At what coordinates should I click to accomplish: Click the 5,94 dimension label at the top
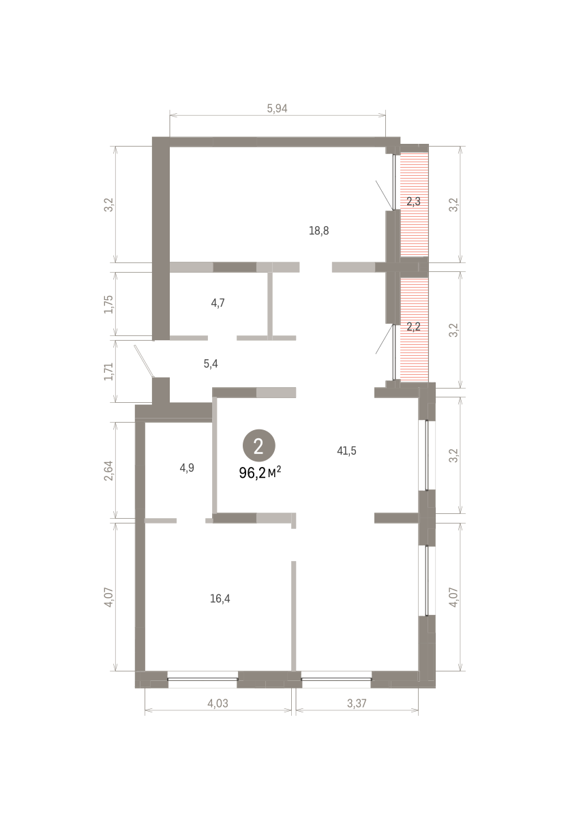click(x=277, y=108)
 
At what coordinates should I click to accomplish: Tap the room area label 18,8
click(x=318, y=231)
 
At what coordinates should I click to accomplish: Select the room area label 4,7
click(x=218, y=303)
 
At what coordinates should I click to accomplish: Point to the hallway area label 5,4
click(x=211, y=364)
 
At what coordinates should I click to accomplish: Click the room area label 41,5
click(x=346, y=451)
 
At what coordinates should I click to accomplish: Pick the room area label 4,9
click(x=187, y=468)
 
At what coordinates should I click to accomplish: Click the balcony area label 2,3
click(x=413, y=201)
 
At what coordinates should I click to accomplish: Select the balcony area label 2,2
click(x=413, y=327)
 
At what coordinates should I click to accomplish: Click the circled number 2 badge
click(x=258, y=446)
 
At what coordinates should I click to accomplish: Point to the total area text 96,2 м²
click(x=260, y=473)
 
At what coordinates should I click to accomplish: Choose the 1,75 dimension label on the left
click(x=109, y=304)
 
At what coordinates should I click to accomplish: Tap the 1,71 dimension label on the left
click(x=109, y=372)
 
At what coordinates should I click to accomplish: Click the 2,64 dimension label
click(x=109, y=471)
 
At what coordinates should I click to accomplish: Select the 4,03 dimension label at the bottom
click(x=218, y=703)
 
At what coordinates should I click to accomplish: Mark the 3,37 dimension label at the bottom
click(x=357, y=703)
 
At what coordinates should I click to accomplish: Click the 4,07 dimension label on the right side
click(x=453, y=597)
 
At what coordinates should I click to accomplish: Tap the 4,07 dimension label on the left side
click(x=109, y=597)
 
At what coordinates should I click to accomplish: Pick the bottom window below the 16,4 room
click(x=203, y=679)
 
